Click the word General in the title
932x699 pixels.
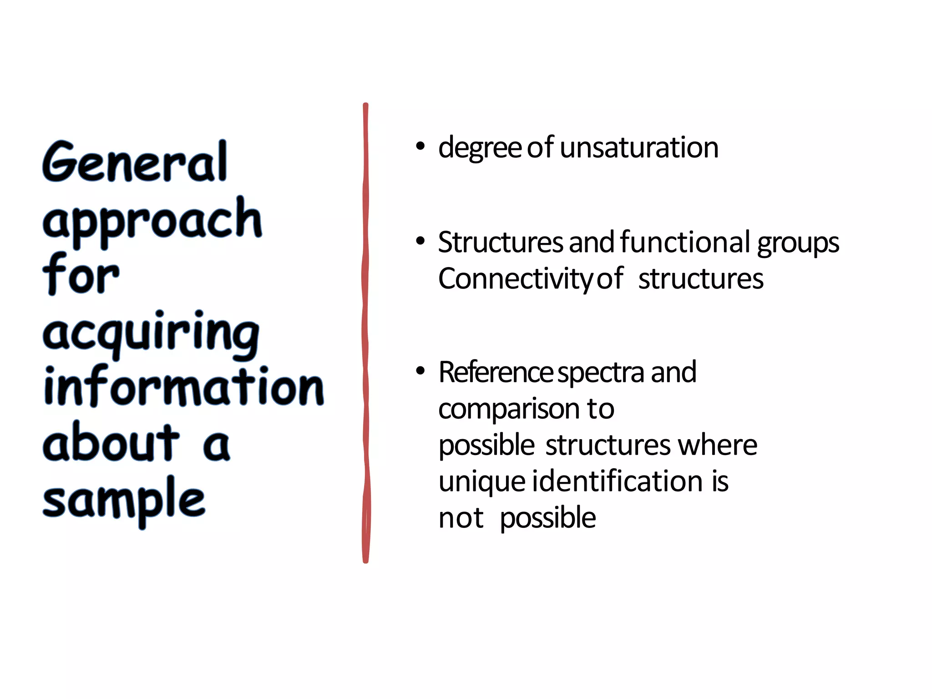pyautogui.click(x=135, y=162)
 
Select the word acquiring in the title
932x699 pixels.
pyautogui.click(x=151, y=334)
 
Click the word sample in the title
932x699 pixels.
pyautogui.click(x=124, y=500)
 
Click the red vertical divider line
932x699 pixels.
pyautogui.click(x=365, y=332)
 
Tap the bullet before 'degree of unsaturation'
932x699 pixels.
pyautogui.click(x=420, y=147)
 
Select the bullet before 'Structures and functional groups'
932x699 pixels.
pyautogui.click(x=420, y=241)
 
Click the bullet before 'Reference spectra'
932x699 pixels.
pyautogui.click(x=420, y=371)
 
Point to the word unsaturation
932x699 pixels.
pyautogui.click(x=639, y=147)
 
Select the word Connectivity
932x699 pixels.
pyautogui.click(x=514, y=279)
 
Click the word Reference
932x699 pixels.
pyautogui.click(x=496, y=372)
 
